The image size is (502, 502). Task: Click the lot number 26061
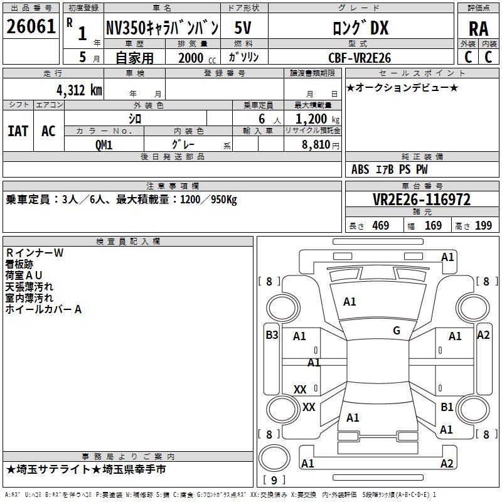point(31,26)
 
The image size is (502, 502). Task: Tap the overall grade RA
point(478,29)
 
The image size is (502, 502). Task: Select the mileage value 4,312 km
point(80,90)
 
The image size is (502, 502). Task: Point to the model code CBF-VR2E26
point(360,58)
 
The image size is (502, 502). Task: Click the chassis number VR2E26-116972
point(422,200)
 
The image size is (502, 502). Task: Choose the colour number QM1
point(104,145)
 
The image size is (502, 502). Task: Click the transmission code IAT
point(18,131)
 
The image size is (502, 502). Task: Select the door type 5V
point(243,28)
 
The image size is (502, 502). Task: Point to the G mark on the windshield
point(397,331)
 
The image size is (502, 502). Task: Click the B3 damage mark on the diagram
point(272,335)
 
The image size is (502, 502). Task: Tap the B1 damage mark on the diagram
point(447,407)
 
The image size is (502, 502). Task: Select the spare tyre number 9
point(274,480)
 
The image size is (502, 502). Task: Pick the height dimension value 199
point(483,225)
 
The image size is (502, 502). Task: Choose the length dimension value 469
point(381,225)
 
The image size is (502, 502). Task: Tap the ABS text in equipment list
point(360,169)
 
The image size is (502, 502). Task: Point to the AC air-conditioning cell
point(48,131)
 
